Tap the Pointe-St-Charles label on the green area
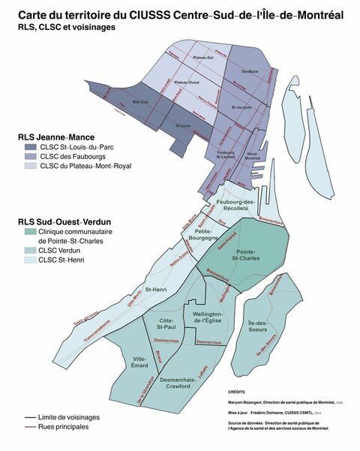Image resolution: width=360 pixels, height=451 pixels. (252, 257)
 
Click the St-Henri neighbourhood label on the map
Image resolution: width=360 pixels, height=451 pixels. (156, 289)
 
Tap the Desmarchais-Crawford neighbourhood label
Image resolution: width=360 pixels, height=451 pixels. (178, 383)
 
